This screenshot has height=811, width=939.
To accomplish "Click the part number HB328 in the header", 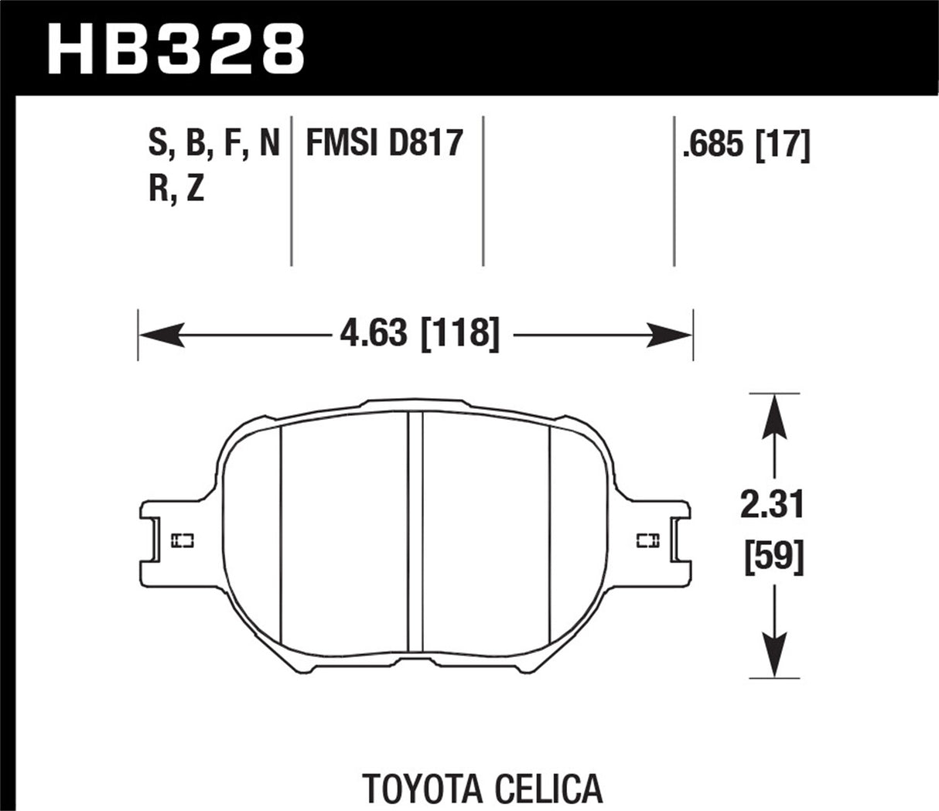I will tap(176, 48).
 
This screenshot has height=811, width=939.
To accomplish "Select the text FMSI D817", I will tap(384, 144).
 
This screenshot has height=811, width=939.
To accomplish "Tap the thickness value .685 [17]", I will tap(746, 144).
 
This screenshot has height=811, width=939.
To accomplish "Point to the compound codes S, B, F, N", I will tap(213, 144).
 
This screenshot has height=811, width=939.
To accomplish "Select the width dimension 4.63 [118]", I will tap(418, 335).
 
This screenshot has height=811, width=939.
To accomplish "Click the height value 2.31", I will tap(773, 506).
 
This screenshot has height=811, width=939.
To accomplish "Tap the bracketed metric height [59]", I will tap(773, 557).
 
